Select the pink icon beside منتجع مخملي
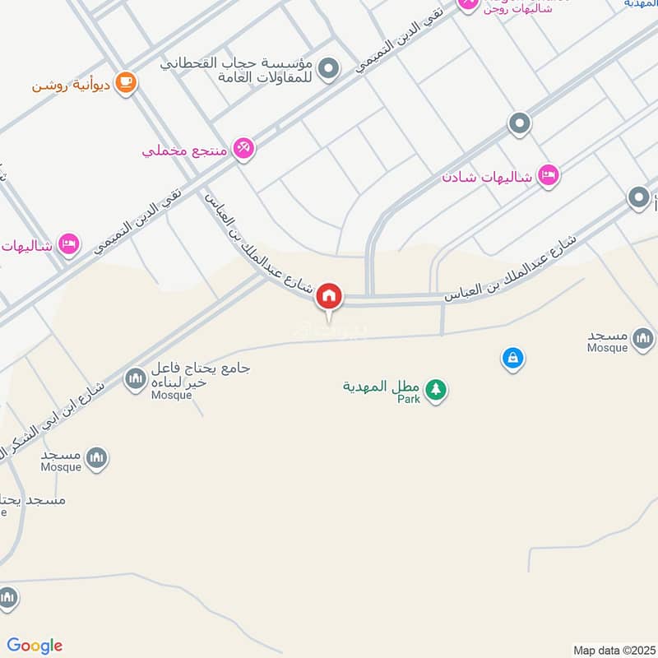(x=243, y=149)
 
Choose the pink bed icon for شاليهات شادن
(x=548, y=174)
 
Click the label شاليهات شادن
(x=488, y=177)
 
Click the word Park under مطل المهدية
(x=409, y=399)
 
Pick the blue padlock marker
(x=512, y=358)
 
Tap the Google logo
(x=35, y=646)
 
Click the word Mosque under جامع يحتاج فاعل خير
(x=171, y=395)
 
